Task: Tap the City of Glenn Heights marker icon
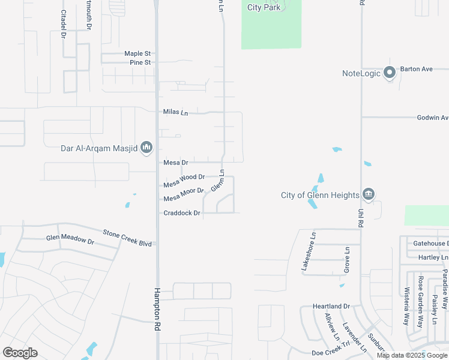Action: (x=369, y=194)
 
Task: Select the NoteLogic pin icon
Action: (x=389, y=73)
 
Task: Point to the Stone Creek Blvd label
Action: (x=127, y=237)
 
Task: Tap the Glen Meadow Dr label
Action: (x=70, y=240)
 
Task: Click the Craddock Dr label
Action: (x=181, y=213)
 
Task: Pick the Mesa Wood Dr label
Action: (x=184, y=181)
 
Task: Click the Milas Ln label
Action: (x=175, y=112)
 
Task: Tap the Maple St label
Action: (x=137, y=53)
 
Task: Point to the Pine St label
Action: (x=139, y=62)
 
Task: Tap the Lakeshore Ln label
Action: (x=308, y=251)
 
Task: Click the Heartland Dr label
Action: (x=331, y=307)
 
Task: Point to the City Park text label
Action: (x=264, y=7)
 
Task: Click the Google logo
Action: (x=20, y=353)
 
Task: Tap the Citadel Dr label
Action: (x=63, y=24)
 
